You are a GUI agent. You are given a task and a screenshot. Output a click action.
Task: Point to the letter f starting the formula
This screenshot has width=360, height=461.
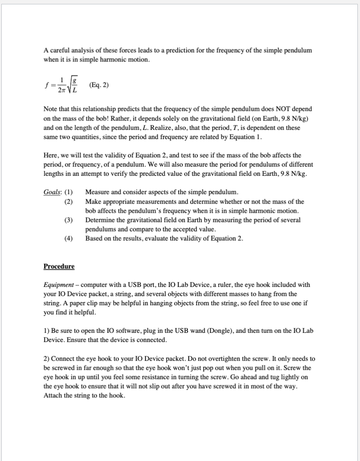point(46,85)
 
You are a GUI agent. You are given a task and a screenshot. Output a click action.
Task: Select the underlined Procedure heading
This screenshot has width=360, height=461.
point(59,266)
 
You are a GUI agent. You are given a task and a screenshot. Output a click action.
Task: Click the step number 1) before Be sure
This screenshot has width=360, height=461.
point(46,331)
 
